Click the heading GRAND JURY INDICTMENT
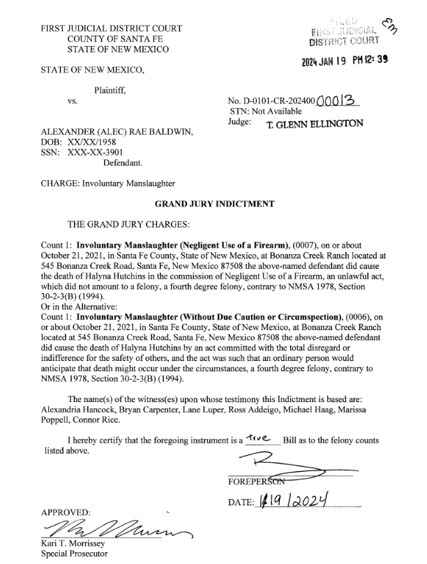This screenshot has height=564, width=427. [213, 204]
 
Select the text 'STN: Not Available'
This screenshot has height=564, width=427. [266, 111]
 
